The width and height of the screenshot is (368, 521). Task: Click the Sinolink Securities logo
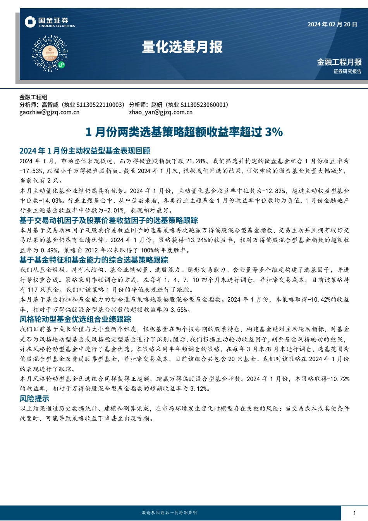(50, 22)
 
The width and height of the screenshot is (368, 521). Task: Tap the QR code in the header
(50, 53)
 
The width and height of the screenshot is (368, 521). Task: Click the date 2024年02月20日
(332, 24)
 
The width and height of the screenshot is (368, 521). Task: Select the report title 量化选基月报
(182, 47)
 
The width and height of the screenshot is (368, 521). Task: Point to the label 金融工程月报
(339, 62)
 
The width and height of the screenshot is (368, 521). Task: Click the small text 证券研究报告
(347, 71)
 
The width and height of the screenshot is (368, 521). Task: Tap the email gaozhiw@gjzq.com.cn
(49, 112)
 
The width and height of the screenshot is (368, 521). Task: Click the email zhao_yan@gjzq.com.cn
(160, 112)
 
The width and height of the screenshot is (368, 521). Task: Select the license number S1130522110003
(100, 105)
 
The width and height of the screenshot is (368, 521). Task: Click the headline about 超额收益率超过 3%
(184, 132)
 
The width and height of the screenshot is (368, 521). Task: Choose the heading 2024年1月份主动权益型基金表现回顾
(84, 151)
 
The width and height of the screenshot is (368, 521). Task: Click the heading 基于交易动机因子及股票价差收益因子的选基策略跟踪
(108, 220)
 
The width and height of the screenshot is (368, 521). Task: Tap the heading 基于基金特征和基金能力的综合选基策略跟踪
(94, 260)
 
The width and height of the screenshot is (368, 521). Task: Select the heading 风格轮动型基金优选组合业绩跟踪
(75, 319)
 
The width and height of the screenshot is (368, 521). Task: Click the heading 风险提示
(34, 399)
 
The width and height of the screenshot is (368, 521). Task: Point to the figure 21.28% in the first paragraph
(196, 161)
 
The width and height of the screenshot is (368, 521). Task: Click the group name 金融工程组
(33, 97)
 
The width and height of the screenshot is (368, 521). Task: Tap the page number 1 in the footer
(354, 513)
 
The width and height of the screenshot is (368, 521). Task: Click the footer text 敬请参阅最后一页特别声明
(169, 513)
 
